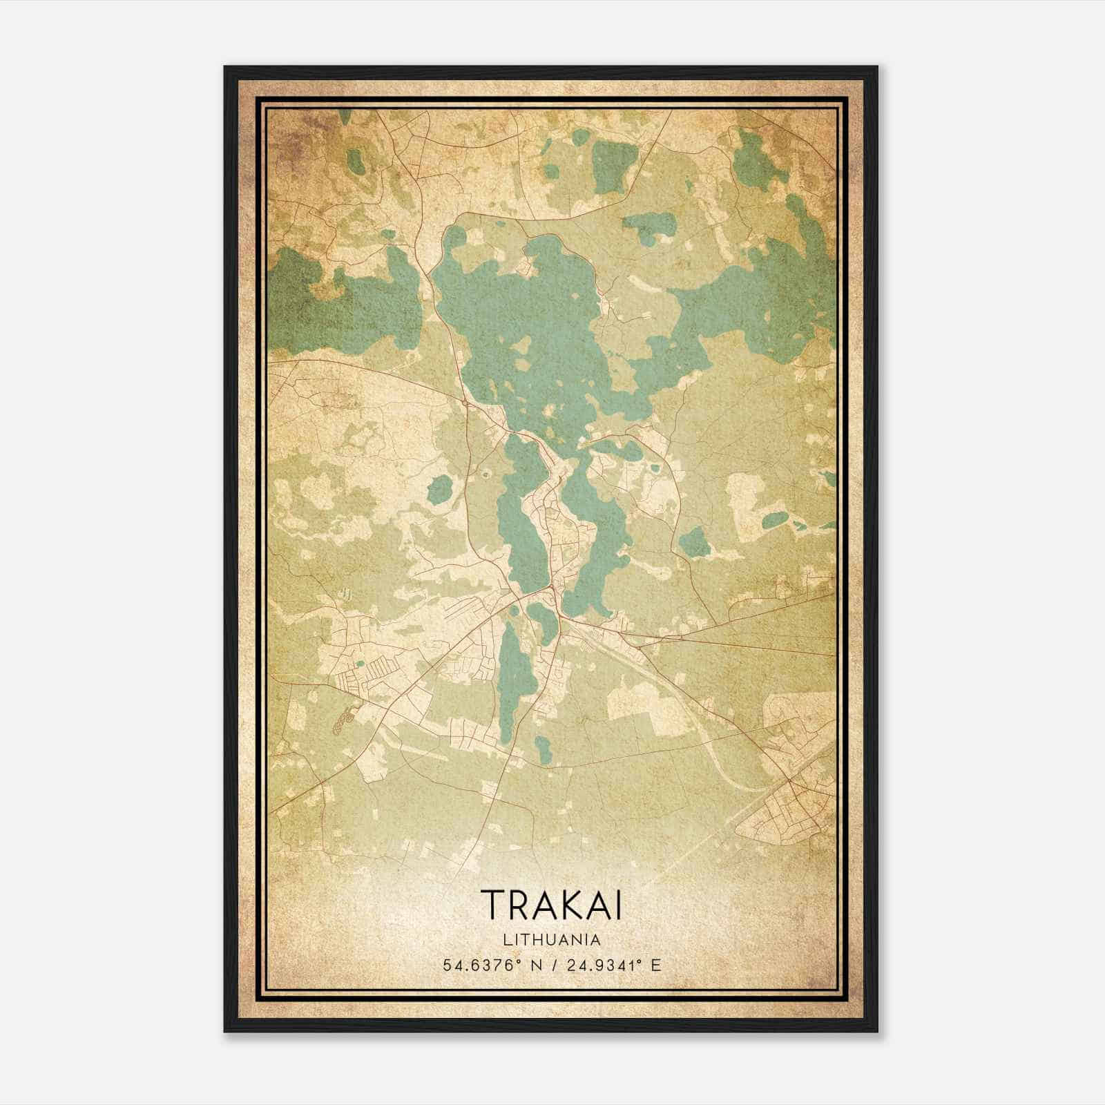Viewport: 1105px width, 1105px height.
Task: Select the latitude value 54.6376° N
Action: (490, 965)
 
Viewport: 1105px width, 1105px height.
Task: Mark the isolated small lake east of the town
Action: (693, 542)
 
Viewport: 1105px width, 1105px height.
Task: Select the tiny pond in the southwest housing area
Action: (360, 664)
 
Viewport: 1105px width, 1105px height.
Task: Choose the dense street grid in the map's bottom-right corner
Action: (794, 808)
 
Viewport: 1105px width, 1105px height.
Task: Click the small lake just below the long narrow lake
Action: (544, 746)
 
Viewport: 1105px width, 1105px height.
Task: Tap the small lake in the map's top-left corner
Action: (356, 161)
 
